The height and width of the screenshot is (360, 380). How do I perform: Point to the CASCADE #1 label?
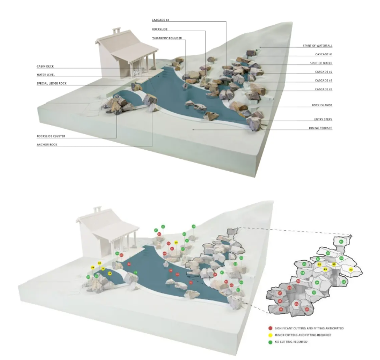coord(324,55)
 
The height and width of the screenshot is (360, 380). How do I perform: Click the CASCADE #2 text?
coord(324,72)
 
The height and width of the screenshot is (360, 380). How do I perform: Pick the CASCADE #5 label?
coord(324,89)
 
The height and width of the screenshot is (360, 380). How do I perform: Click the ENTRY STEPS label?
coord(323,119)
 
